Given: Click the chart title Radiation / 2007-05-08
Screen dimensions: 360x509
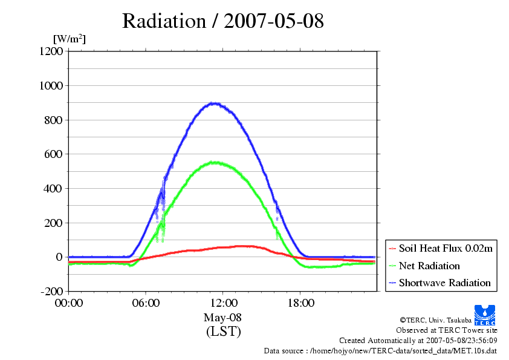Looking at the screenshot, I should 222,21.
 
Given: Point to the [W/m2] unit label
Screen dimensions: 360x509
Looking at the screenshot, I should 69,39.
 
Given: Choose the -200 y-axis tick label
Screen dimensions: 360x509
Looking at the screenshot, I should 51,292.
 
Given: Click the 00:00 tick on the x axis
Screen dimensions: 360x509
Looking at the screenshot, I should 69,303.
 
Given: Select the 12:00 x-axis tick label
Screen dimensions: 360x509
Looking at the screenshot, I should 223,303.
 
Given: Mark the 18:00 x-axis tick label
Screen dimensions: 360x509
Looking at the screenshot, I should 300,303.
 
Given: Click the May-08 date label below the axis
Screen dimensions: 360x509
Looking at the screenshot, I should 223,318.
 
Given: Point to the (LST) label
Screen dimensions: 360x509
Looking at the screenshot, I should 223,332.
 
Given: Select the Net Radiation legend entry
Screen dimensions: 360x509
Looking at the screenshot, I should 429,266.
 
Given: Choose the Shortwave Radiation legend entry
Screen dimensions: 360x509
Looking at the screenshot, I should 445,283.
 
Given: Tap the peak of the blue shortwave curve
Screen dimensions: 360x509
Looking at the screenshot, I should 213,103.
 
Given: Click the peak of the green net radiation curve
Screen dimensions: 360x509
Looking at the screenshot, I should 213,162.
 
